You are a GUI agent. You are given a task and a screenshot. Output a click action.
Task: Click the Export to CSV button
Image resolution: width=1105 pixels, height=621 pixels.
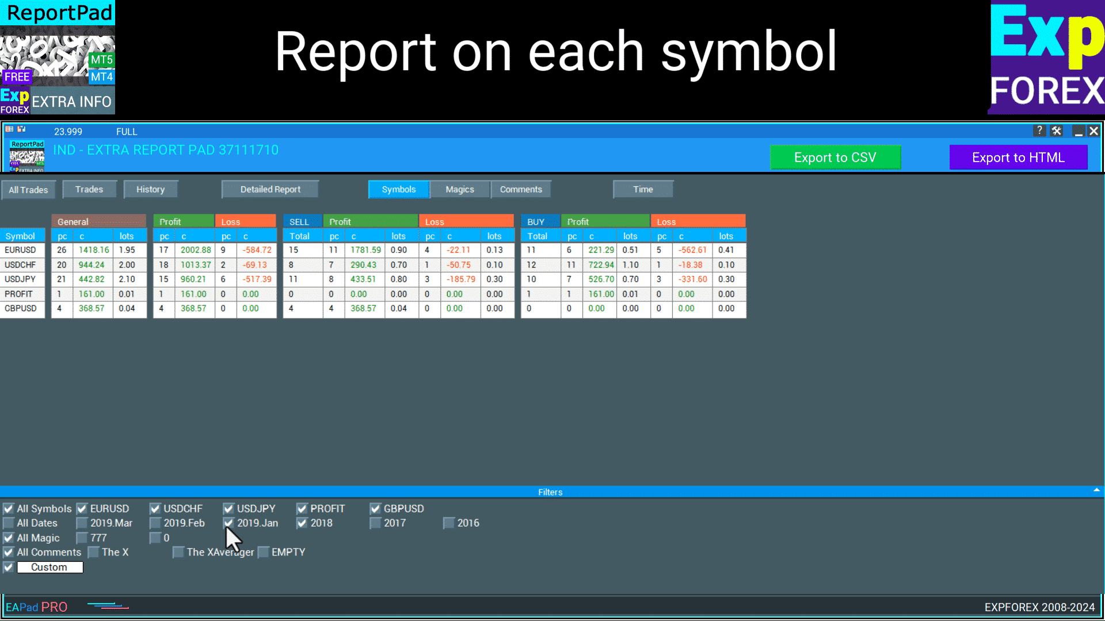click(x=835, y=158)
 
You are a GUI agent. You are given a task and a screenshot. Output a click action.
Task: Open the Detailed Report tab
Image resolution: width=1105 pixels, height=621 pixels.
click(x=270, y=189)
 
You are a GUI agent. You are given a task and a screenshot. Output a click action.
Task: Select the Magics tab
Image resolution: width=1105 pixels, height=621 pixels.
click(x=460, y=189)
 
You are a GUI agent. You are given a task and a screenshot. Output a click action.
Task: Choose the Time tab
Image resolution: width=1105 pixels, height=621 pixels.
click(x=643, y=189)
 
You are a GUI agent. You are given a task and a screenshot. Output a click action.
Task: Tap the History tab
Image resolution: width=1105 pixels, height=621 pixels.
click(x=150, y=189)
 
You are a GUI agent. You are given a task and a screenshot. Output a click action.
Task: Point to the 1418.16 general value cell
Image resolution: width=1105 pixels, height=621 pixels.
click(x=93, y=250)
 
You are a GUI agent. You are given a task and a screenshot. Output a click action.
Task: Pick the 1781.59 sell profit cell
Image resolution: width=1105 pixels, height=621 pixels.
click(x=365, y=250)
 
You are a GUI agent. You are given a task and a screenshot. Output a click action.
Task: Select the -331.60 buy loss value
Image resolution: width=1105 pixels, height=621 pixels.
click(x=692, y=279)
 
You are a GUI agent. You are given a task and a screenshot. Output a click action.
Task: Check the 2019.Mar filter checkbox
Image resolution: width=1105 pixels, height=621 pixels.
click(x=82, y=523)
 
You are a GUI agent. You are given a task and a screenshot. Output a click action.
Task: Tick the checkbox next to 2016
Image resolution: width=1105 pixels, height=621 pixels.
click(x=449, y=523)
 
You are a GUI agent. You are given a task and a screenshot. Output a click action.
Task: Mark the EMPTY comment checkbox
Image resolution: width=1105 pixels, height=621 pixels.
click(x=263, y=552)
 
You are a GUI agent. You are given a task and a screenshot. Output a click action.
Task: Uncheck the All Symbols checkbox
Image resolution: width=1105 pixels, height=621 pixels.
click(x=9, y=509)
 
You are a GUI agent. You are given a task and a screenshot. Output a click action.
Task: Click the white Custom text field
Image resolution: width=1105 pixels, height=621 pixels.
click(x=49, y=567)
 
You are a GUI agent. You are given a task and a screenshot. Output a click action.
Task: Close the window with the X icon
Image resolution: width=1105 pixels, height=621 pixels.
click(x=1093, y=131)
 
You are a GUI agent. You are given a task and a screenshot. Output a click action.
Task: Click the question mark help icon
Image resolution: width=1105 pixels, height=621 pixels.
click(x=1039, y=131)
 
